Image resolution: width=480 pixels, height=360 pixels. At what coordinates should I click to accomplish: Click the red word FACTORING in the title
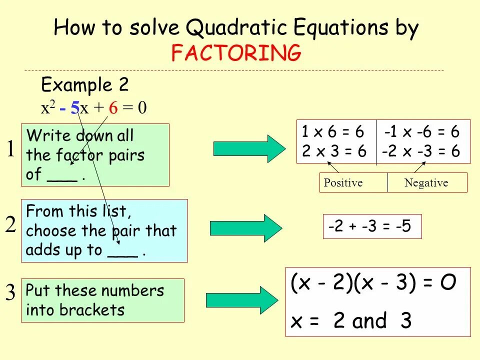click(x=236, y=52)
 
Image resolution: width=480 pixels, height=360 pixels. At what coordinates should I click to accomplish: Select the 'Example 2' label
click(x=84, y=85)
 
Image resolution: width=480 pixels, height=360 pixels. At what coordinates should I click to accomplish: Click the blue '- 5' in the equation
click(x=69, y=108)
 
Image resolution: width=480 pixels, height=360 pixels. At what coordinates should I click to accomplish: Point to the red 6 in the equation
click(x=113, y=108)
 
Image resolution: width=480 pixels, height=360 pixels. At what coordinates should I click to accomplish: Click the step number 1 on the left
click(x=10, y=149)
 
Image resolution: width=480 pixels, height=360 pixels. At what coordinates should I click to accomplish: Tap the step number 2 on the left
click(x=10, y=226)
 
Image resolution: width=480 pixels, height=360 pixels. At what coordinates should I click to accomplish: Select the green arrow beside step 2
click(x=245, y=228)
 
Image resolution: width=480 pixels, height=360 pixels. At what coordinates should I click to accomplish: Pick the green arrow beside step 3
click(x=241, y=300)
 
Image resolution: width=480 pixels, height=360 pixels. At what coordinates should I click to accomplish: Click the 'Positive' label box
click(x=343, y=183)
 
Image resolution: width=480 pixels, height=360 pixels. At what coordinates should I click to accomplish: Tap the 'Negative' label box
click(x=426, y=183)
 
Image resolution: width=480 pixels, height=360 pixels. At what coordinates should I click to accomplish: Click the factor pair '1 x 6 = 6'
click(x=333, y=132)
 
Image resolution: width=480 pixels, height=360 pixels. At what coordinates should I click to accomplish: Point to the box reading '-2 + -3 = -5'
click(x=369, y=226)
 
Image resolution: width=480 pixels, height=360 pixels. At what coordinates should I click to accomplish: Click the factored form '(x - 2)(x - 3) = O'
click(x=373, y=283)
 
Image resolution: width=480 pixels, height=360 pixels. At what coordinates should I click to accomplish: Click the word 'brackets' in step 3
click(x=91, y=310)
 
